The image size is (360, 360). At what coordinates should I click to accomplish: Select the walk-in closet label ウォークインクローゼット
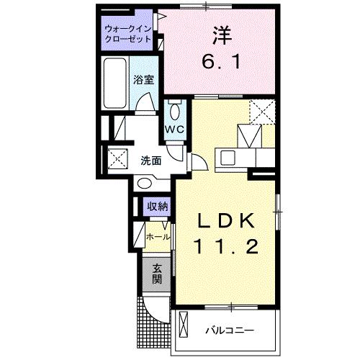(x=127, y=35)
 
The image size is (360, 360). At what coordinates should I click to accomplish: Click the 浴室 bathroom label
(x=143, y=81)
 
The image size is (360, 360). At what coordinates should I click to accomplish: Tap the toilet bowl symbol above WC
(x=174, y=112)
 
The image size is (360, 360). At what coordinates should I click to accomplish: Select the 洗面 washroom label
(x=150, y=161)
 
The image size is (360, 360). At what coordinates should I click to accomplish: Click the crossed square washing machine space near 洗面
(x=117, y=158)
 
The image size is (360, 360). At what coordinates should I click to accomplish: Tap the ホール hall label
(x=158, y=237)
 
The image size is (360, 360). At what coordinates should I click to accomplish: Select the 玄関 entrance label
(x=156, y=274)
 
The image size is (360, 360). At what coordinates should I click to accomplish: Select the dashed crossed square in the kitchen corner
(x=261, y=112)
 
